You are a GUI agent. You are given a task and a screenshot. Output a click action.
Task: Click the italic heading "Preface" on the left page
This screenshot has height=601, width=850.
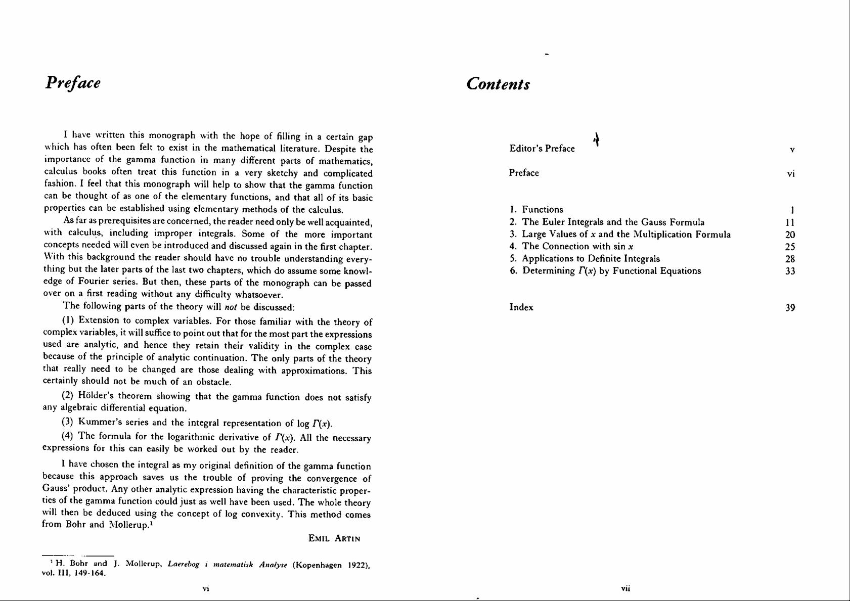tap(73, 82)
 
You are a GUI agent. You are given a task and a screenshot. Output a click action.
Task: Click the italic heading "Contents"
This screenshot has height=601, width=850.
tap(498, 84)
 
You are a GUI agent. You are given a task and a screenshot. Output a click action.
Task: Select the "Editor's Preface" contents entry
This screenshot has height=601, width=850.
tap(542, 149)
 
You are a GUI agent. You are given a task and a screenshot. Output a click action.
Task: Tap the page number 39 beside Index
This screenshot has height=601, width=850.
tap(790, 308)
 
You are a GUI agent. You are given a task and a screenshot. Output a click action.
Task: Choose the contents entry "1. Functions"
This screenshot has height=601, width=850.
tap(536, 209)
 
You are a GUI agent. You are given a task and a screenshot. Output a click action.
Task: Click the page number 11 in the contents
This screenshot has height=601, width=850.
tap(790, 223)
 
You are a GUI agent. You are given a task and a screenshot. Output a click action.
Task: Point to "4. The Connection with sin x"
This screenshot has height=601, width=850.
tap(571, 247)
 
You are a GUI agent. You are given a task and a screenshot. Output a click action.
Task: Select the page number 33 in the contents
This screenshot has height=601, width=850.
tap(790, 271)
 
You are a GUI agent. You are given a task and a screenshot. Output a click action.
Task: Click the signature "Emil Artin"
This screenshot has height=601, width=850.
tap(334, 539)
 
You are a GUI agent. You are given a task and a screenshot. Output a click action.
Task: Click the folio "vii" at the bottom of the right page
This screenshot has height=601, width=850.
tap(625, 588)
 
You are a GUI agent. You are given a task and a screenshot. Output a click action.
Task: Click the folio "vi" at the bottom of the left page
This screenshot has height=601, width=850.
tap(206, 588)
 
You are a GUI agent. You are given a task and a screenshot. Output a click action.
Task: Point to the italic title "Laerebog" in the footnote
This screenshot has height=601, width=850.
tap(184, 564)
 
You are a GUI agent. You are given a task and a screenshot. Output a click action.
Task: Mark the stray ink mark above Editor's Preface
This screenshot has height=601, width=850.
tap(597, 138)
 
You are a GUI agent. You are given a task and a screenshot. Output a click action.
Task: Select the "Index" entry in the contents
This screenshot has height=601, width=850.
tap(521, 307)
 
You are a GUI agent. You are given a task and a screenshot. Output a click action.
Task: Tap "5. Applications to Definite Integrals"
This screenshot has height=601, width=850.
tap(585, 259)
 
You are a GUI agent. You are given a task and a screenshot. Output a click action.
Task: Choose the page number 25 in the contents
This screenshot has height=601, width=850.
tap(790, 247)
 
